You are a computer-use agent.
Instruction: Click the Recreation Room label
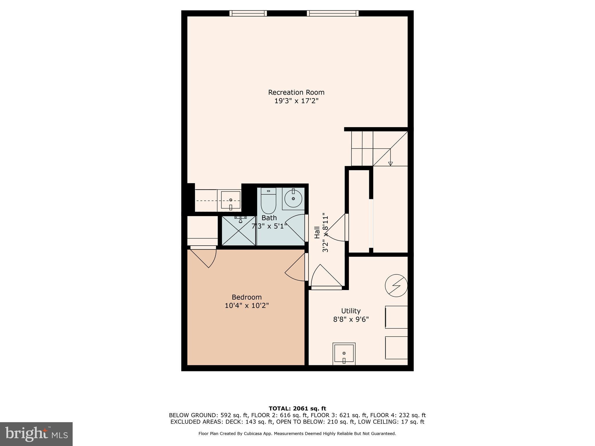click(x=296, y=92)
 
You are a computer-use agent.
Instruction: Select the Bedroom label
click(x=247, y=297)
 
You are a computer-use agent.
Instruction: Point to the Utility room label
click(x=351, y=311)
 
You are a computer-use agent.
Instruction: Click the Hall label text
click(x=317, y=233)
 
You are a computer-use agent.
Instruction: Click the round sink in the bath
click(x=293, y=199)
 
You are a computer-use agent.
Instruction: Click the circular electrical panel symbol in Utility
click(x=396, y=285)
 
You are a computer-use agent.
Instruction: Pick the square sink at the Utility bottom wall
click(x=344, y=354)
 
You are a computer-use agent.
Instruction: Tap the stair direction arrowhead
click(x=390, y=164)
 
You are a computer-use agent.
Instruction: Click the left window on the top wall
click(x=248, y=13)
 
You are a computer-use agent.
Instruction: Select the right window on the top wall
click(x=333, y=13)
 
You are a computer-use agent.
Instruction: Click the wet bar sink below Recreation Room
click(x=231, y=200)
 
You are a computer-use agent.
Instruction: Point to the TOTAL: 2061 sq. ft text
click(x=297, y=409)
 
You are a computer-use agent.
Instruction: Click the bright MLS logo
click(x=36, y=434)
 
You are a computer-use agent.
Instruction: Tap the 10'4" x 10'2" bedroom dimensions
click(x=247, y=305)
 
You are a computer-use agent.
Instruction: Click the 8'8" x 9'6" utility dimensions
click(x=351, y=319)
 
